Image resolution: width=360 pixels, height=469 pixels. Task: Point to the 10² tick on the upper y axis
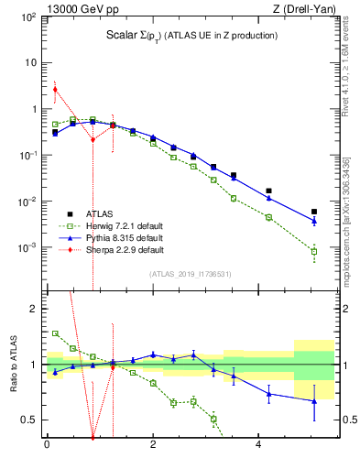(30, 16)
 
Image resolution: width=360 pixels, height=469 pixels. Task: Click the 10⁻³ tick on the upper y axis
(29, 247)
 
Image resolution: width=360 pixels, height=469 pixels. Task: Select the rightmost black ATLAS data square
(314, 212)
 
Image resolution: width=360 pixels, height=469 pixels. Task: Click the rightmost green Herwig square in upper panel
(314, 251)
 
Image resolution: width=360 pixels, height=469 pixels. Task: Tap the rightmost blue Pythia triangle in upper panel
(314, 221)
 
